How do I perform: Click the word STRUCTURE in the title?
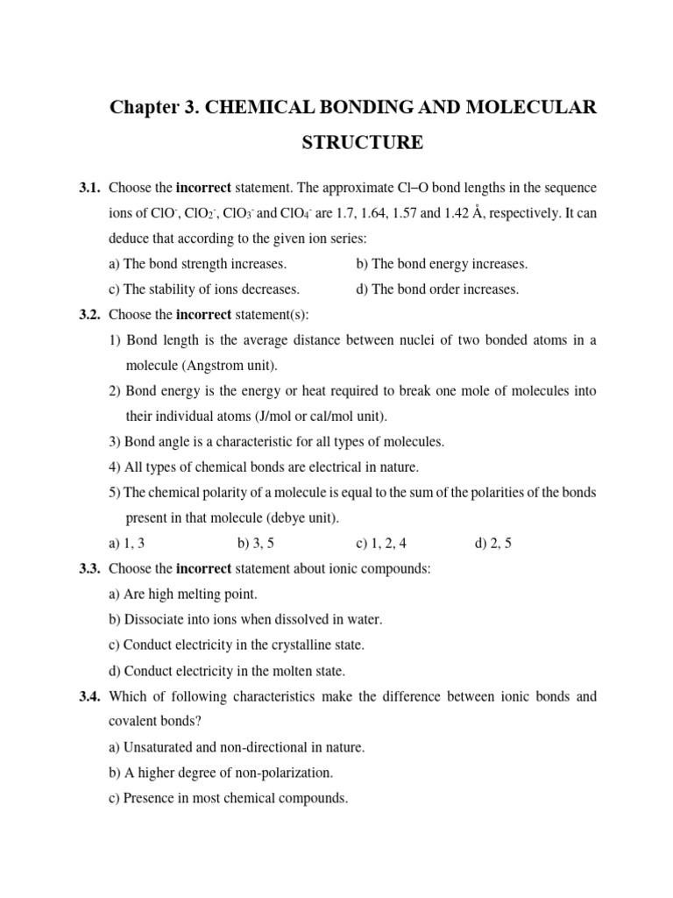[x=363, y=142]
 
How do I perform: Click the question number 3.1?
[x=91, y=188]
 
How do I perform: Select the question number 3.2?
[x=91, y=314]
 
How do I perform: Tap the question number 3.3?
[x=91, y=568]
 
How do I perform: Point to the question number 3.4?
[x=91, y=696]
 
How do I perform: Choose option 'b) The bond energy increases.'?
[x=442, y=263]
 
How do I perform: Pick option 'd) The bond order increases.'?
[x=437, y=289]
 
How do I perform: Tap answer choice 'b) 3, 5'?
[x=256, y=543]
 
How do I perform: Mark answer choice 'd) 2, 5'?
[x=493, y=543]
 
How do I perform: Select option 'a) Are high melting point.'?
[x=183, y=594]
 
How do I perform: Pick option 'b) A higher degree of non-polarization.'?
[x=222, y=773]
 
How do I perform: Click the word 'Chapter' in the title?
[x=141, y=108]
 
